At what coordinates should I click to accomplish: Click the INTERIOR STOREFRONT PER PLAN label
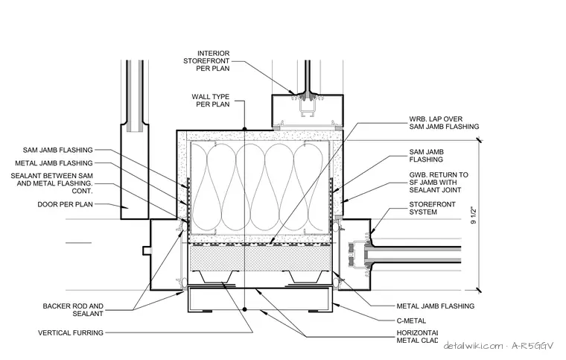click(206, 60)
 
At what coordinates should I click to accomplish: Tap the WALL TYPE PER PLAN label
click(211, 101)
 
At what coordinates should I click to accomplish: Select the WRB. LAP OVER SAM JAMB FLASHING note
click(444, 123)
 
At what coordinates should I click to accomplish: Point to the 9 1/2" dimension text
click(474, 215)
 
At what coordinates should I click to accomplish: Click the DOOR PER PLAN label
click(65, 204)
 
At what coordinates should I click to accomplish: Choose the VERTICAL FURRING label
click(71, 332)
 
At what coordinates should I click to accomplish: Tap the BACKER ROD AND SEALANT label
click(73, 310)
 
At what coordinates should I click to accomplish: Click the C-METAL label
click(411, 320)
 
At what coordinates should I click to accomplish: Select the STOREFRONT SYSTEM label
click(432, 208)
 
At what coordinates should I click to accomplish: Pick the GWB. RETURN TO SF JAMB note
click(439, 183)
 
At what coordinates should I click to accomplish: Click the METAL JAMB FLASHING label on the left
click(54, 163)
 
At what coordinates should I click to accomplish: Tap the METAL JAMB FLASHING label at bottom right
click(436, 306)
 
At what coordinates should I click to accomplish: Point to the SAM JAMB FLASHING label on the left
click(58, 150)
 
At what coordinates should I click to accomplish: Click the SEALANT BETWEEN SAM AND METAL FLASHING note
click(51, 183)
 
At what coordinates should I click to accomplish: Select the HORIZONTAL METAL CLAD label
click(417, 337)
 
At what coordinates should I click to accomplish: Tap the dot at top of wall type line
click(244, 129)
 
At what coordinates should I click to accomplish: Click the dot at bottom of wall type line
click(244, 309)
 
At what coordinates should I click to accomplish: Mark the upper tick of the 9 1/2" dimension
click(479, 140)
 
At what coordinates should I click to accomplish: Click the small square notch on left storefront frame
click(146, 250)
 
